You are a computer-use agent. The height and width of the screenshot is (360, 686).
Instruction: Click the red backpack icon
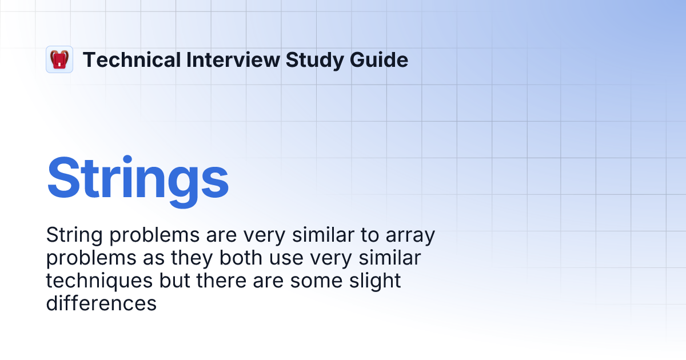pos(59,59)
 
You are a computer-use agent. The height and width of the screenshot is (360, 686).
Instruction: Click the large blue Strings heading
pos(138,178)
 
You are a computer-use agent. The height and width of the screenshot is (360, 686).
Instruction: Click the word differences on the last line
pos(101,303)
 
